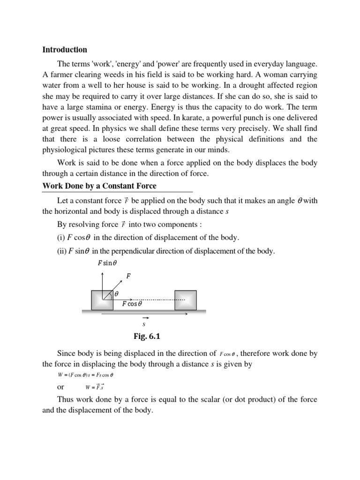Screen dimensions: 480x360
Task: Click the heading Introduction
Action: click(65, 49)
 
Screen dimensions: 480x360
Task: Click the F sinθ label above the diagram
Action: click(107, 263)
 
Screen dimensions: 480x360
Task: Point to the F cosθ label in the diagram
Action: click(131, 304)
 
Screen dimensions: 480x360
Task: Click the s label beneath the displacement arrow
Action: click(144, 323)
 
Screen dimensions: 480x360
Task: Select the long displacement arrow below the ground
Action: click(141, 315)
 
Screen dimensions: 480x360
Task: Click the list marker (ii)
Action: click(62, 251)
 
